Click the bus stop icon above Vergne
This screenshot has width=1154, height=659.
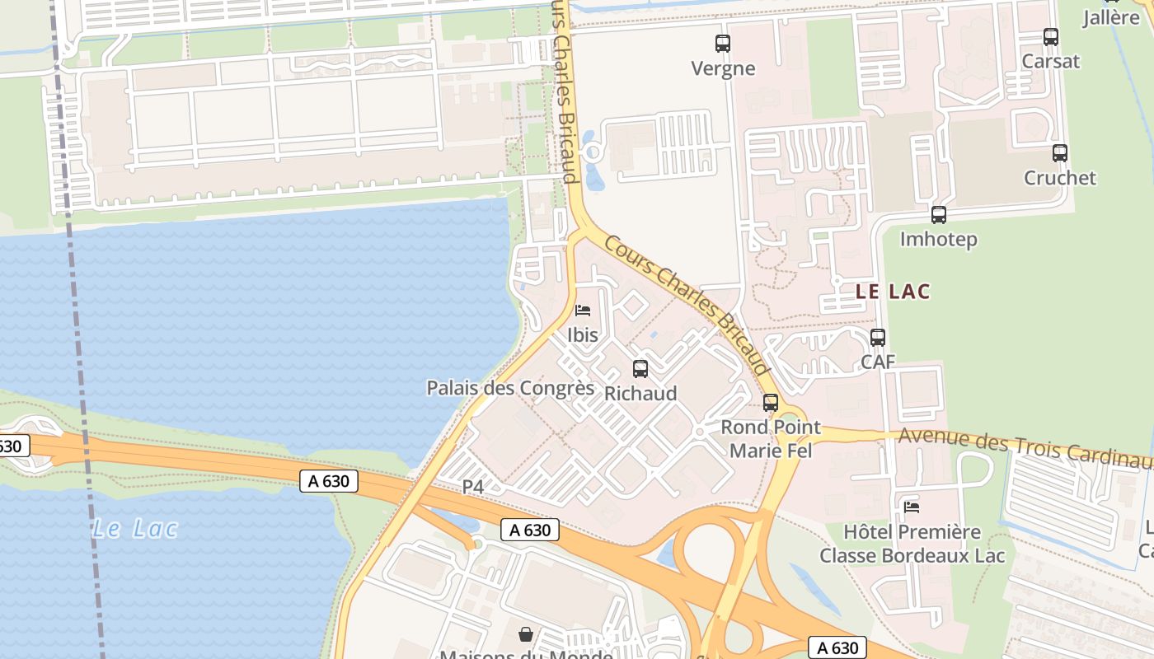coord(723,44)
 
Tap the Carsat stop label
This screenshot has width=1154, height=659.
coord(1050,61)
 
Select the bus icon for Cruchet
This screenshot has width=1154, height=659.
coord(1060,153)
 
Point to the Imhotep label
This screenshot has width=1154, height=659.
coord(938,240)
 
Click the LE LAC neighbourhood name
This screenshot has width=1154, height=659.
coord(893,292)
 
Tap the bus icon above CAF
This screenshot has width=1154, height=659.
coord(878,338)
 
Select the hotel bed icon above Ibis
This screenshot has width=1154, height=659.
coord(583,311)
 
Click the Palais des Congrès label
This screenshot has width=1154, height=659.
coord(510,388)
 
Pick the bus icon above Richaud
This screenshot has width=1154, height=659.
coord(640,369)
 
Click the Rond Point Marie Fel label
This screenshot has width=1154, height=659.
coord(771,439)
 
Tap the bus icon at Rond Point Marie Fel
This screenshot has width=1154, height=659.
coord(771,403)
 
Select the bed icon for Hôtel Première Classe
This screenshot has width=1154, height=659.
coord(912,507)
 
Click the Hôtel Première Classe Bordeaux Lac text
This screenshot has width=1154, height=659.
coord(912,544)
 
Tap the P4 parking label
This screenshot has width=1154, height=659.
coord(472,488)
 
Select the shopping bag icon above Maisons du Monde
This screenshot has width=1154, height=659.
coord(526,634)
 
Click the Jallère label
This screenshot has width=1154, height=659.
coord(1110,17)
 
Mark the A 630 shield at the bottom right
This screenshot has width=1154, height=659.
coord(837,647)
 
